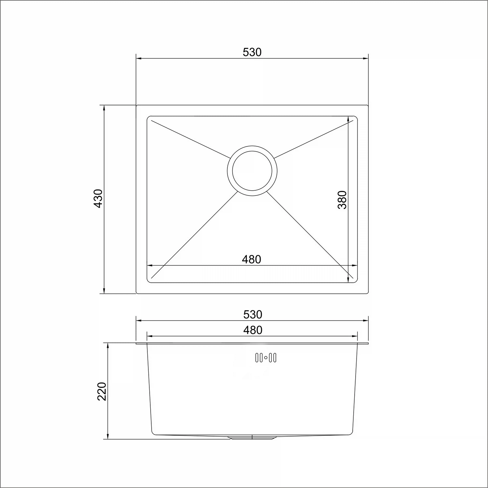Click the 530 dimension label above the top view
[x=252, y=52]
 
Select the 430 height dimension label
[x=98, y=198]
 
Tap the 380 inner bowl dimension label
[x=343, y=199]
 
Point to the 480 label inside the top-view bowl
[x=251, y=259]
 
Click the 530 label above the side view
[x=253, y=315]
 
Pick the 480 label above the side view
[x=253, y=330]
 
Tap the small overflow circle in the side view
[x=266, y=358]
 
